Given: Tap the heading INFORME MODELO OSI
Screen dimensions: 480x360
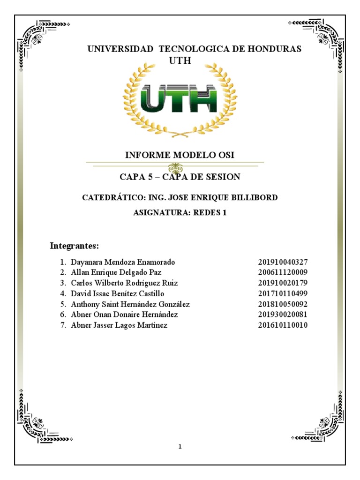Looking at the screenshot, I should [180, 155].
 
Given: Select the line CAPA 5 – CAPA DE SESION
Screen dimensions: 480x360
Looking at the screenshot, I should [180, 177].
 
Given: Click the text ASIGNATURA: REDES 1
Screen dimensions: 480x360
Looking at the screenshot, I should [180, 213].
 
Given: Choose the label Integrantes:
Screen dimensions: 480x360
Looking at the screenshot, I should [74, 246].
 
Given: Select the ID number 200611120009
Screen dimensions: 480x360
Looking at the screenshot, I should [283, 272].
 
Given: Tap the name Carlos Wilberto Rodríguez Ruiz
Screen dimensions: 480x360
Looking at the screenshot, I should [124, 283].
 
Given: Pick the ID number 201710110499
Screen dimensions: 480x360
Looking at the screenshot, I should [283, 294].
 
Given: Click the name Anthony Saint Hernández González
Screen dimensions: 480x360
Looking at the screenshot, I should [130, 304].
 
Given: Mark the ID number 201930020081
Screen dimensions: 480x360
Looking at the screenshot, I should [283, 315].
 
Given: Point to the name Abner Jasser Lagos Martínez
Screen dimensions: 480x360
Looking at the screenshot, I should [119, 325].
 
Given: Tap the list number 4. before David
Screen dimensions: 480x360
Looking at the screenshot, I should [63, 294].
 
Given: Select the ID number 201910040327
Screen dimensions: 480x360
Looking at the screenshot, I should [283, 262].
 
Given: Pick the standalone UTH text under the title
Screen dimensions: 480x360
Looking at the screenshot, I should [180, 61].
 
